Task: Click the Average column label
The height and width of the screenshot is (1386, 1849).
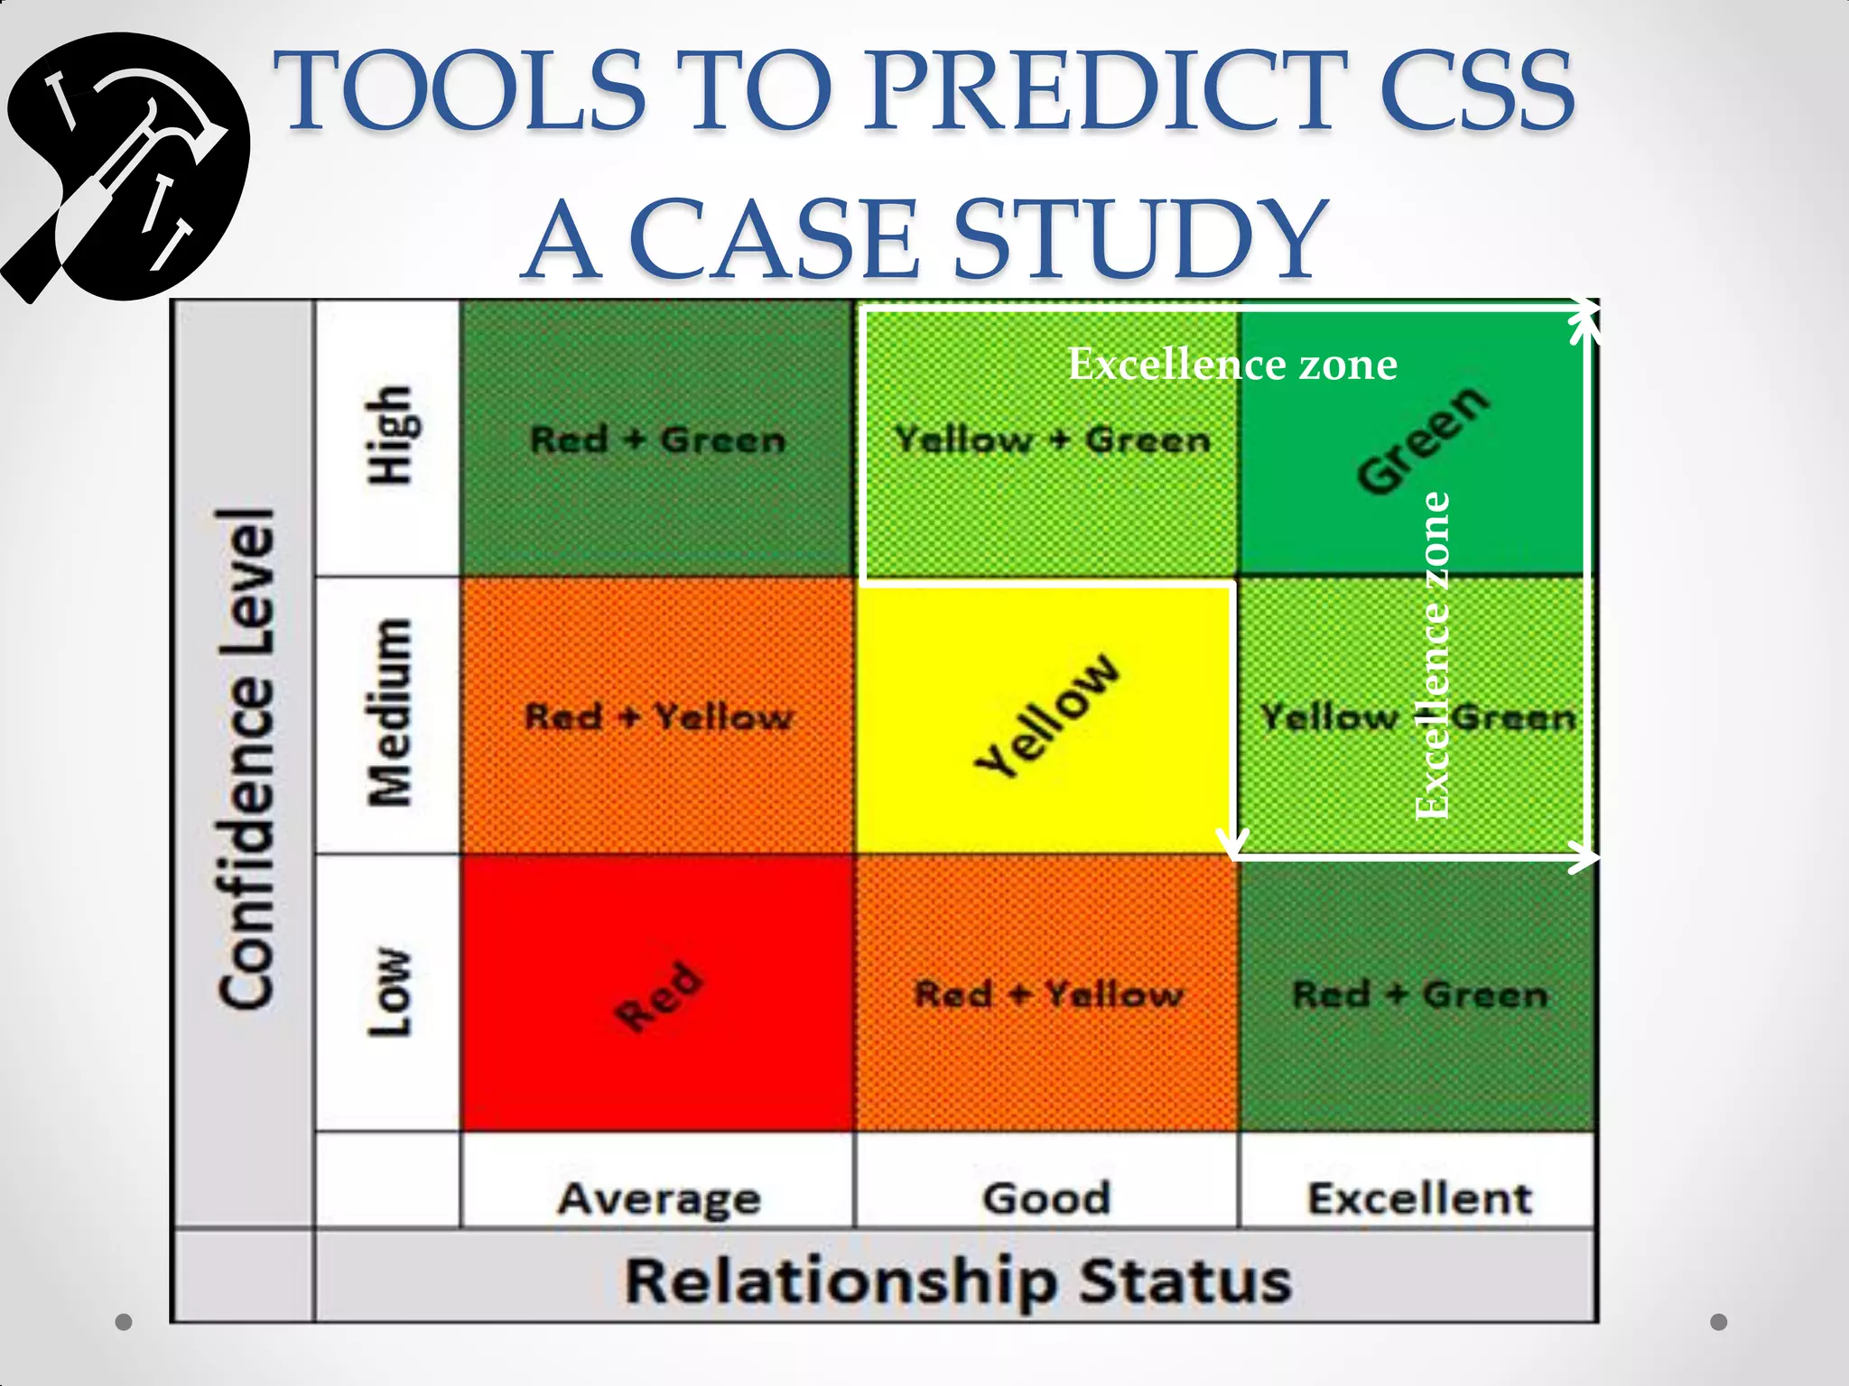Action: [x=659, y=1198]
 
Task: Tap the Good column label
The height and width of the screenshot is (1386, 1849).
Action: [x=1046, y=1198]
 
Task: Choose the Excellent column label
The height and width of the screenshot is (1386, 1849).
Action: [x=1419, y=1198]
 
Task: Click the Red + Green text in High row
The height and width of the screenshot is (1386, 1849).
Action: [x=657, y=440]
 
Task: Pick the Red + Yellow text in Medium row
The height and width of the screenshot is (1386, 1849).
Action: [x=657, y=717]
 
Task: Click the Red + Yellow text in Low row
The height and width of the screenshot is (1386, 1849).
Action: [x=1048, y=994]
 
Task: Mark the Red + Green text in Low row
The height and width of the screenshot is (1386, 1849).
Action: [x=1420, y=994]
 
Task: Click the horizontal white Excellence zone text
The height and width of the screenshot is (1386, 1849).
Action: [x=1232, y=365]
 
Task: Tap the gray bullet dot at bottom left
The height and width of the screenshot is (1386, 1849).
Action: [x=125, y=1322]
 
